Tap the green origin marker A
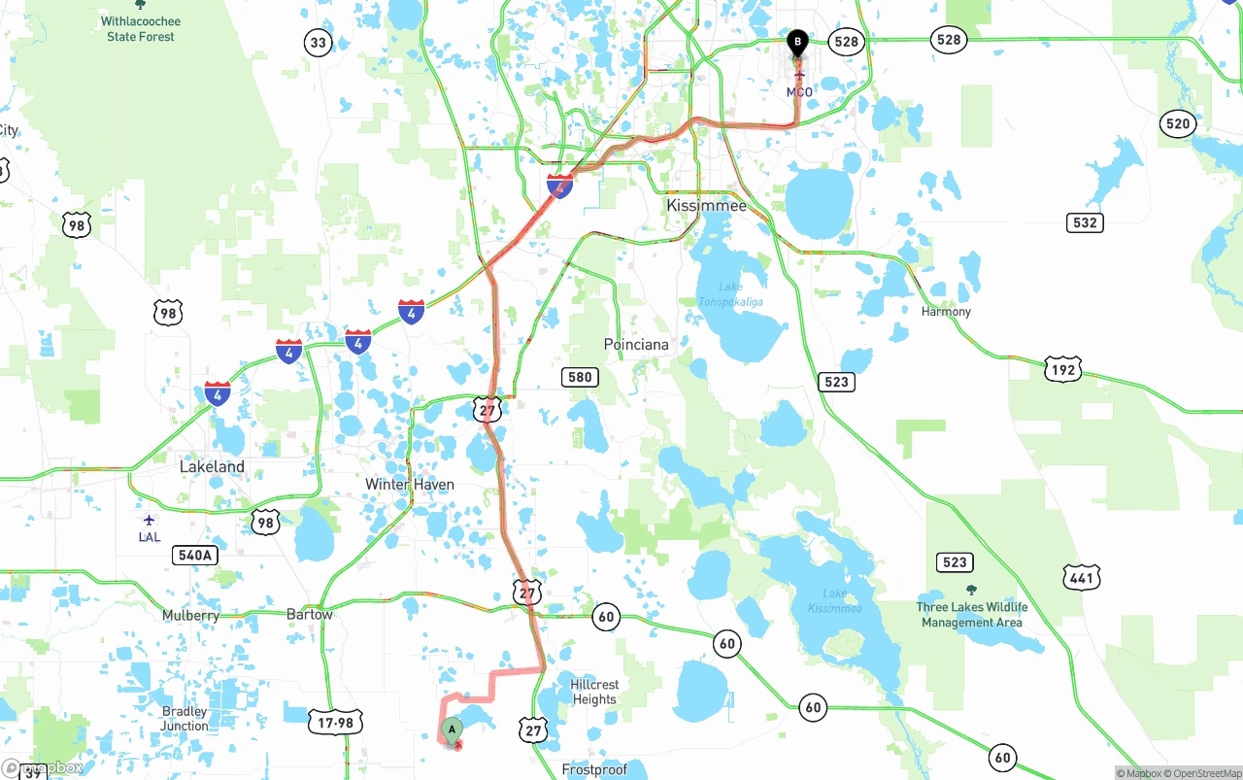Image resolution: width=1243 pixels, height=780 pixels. (x=452, y=729)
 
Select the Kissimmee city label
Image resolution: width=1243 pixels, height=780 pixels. (x=706, y=206)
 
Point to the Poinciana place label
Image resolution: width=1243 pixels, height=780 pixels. (x=636, y=345)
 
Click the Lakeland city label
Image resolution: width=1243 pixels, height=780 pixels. (x=212, y=466)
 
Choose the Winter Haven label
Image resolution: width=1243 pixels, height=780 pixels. (x=409, y=484)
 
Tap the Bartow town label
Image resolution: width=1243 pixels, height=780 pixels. (x=310, y=614)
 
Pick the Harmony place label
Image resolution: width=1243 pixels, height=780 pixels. (x=946, y=312)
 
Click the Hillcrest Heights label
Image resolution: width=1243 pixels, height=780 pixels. (x=594, y=692)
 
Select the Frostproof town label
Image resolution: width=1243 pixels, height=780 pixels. (x=594, y=769)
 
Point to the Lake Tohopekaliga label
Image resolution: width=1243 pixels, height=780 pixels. (x=730, y=294)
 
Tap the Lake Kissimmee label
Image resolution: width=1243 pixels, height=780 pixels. (x=834, y=601)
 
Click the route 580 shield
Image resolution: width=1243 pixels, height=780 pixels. (x=580, y=377)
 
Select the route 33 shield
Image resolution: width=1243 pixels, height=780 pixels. (x=318, y=42)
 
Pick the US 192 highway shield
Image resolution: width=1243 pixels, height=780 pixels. (x=1063, y=369)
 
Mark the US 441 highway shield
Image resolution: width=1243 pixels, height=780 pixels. (x=1081, y=578)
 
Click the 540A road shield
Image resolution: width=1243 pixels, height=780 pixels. (x=194, y=556)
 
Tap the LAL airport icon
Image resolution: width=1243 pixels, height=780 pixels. (x=149, y=521)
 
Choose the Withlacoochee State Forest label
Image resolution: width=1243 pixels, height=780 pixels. (x=142, y=28)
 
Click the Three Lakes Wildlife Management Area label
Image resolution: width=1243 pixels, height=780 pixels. (x=971, y=614)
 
